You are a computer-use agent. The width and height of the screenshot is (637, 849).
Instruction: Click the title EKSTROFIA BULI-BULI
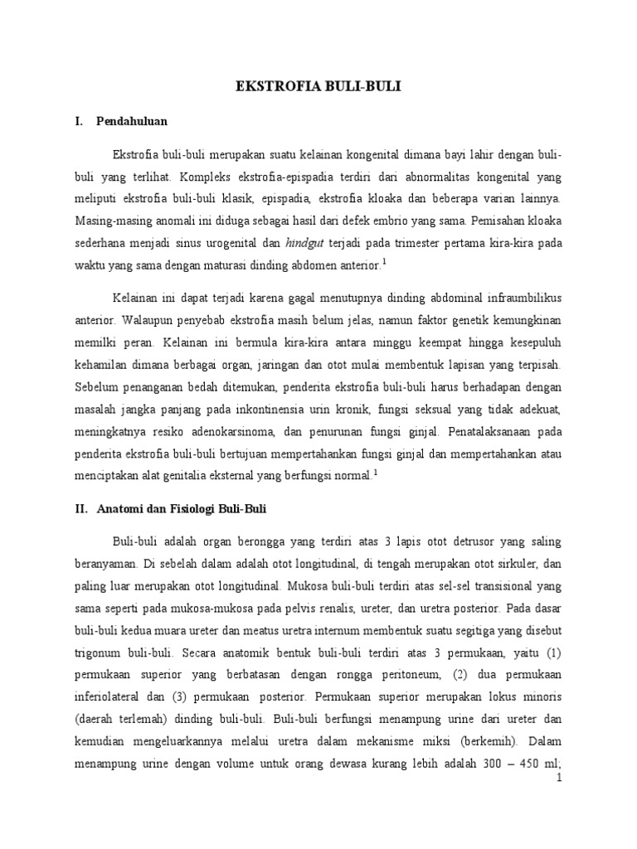coord(318,85)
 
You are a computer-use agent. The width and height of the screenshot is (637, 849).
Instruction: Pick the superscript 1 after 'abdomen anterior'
coord(384,262)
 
